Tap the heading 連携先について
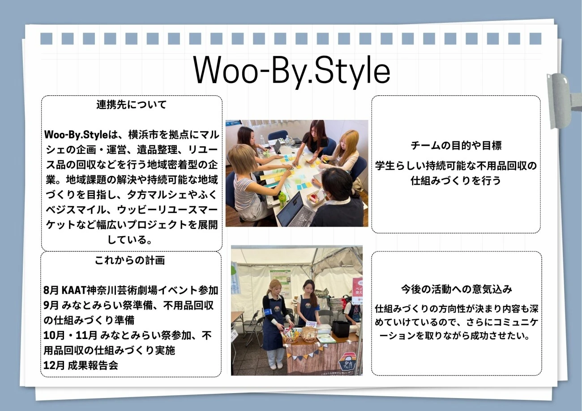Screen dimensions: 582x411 pos(132,105)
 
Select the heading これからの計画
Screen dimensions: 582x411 pos(130,260)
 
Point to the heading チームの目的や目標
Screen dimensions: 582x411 pos(456,145)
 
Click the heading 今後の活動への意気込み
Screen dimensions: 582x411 pos(457,289)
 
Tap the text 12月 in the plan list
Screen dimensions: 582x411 pos(54,365)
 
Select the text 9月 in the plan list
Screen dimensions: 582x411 pos(51,305)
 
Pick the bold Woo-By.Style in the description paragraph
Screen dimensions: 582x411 pos(76,135)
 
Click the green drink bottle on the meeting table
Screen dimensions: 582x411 pos(282,199)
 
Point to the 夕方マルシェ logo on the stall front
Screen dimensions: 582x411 pos(349,363)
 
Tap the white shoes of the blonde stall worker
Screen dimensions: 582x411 pos(276,366)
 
